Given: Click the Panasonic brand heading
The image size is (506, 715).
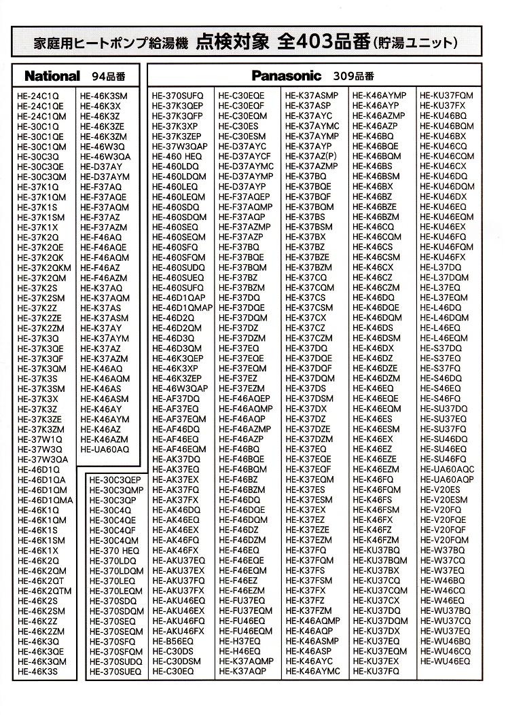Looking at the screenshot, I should pos(286,75).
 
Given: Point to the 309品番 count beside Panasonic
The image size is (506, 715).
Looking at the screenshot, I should pos(354,75).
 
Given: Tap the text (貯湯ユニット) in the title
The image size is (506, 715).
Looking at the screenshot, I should pos(415,43).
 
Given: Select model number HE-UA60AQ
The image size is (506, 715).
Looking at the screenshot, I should pos(104,450).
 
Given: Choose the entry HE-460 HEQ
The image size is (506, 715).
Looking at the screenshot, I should pos(177,156).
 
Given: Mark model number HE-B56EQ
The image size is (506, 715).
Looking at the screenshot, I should pos(173,640).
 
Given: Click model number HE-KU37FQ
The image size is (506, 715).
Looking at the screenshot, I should pos(376,671).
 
